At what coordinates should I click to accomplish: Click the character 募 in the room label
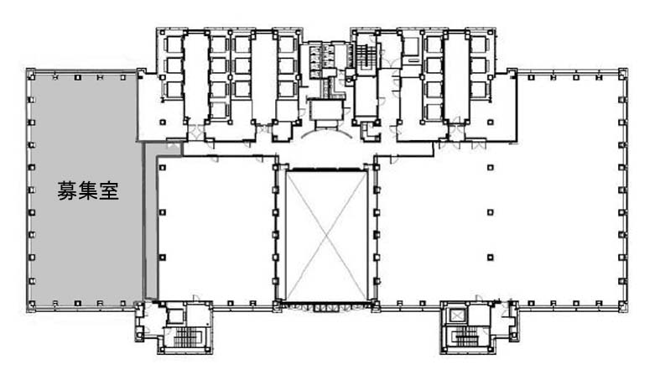pyautogui.click(x=67, y=190)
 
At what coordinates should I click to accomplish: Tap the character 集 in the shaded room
pyautogui.click(x=88, y=190)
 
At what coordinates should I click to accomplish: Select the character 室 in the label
pyautogui.click(x=108, y=190)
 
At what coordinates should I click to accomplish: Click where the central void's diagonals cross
pyautogui.click(x=326, y=236)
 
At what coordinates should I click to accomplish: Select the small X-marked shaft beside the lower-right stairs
pyautogui.click(x=456, y=315)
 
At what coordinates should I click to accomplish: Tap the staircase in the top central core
pyautogui.click(x=363, y=55)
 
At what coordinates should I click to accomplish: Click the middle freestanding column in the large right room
pyautogui.click(x=491, y=212)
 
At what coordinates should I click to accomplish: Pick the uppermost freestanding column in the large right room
pyautogui.click(x=491, y=168)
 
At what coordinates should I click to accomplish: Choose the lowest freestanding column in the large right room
pyautogui.click(x=491, y=257)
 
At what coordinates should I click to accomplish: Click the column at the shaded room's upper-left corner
pyautogui.click(x=32, y=77)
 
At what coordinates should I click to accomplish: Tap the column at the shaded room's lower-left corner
pyautogui.click(x=32, y=304)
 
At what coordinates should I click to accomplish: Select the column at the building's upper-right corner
pyautogui.click(x=622, y=76)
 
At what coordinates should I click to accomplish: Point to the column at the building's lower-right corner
pyautogui.click(x=622, y=304)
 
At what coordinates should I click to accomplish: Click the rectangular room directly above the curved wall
pyautogui.click(x=325, y=109)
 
